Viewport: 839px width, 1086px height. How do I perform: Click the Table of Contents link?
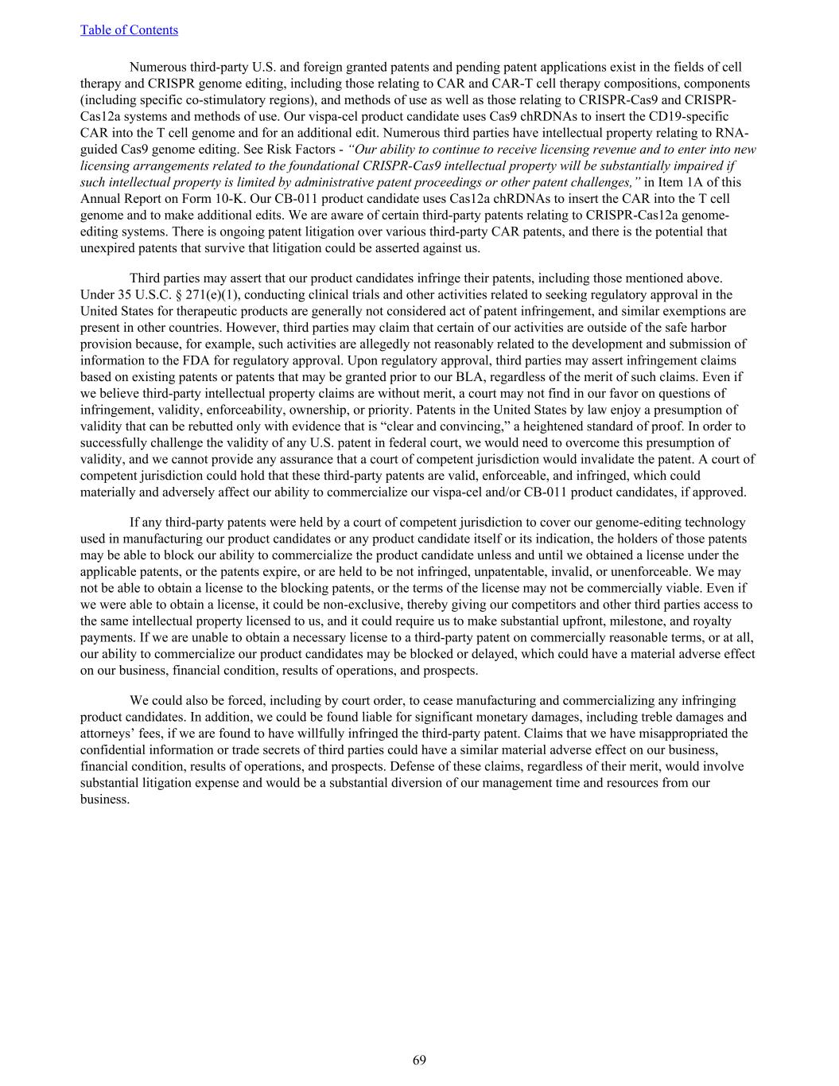pos(129,30)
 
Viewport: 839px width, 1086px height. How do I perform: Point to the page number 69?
pos(419,1060)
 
